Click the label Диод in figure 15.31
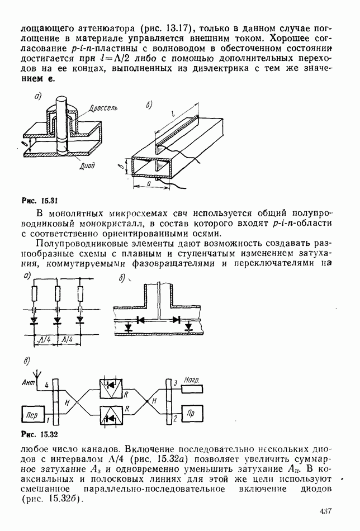tap(87, 165)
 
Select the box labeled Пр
tap(191, 416)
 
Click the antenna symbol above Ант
tap(36, 373)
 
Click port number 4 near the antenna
tap(47, 385)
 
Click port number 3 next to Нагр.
tap(175, 383)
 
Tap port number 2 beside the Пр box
tap(175, 418)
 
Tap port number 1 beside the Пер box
tap(48, 419)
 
